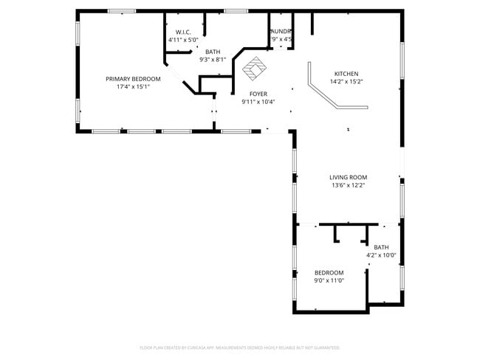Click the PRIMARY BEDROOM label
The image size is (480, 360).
coord(133,78)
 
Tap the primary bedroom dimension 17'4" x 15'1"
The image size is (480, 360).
coord(133,86)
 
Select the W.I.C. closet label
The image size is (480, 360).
coord(183,32)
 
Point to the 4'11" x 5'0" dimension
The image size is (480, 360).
coord(183,39)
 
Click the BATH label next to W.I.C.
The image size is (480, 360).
coord(213,52)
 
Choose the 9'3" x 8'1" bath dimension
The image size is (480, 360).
coord(213,60)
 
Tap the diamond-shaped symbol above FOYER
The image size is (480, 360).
coord(255,69)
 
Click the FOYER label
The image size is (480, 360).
coord(258,94)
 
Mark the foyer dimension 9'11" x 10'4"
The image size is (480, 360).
coord(258,102)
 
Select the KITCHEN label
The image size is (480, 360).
coord(346,74)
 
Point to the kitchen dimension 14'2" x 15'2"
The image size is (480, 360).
coord(346,82)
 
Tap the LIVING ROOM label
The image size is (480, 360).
coord(348,177)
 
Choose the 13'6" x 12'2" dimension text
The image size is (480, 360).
coord(348,185)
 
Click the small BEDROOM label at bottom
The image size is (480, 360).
coord(329,272)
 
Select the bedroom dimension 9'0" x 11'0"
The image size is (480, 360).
coord(329,280)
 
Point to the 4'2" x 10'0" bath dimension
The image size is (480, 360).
coord(381,255)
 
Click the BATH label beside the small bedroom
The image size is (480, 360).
coord(381,247)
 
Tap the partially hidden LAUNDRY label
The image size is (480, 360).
coord(281,31)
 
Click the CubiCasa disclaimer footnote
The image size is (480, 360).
coord(239,347)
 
